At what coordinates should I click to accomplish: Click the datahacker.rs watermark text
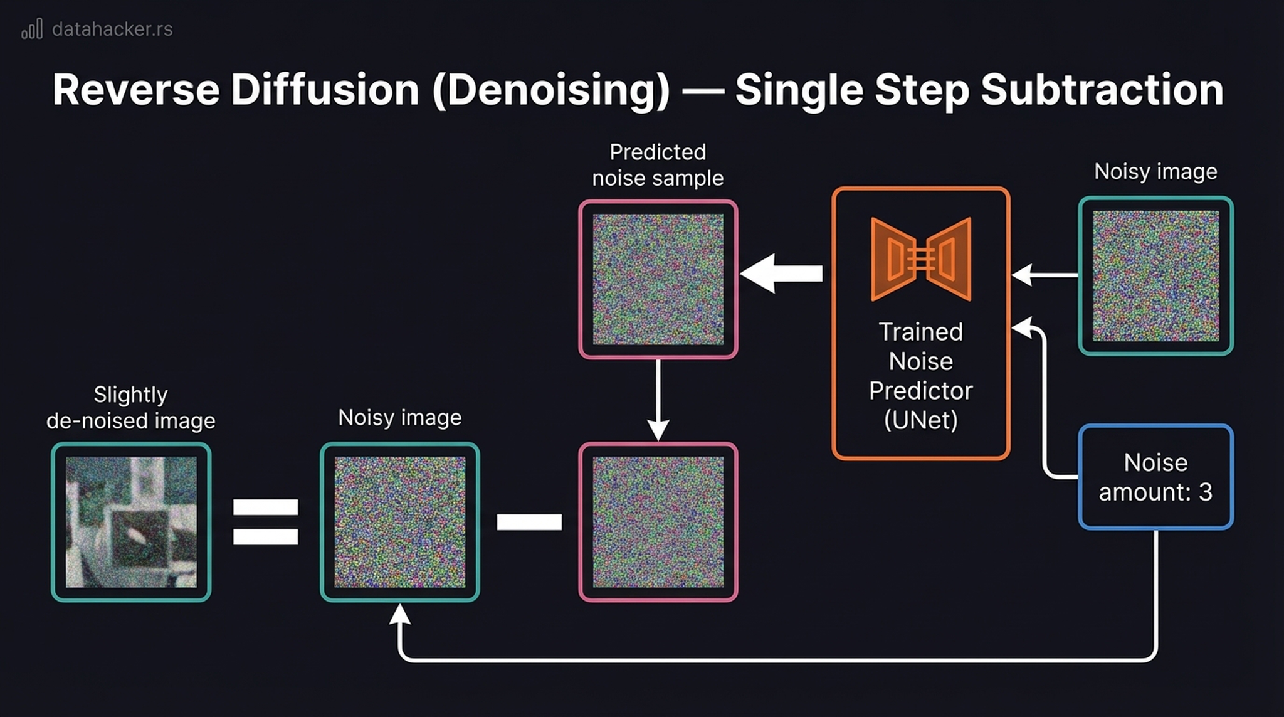(112, 29)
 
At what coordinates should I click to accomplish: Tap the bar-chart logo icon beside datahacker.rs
(32, 29)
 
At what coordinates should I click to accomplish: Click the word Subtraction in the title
(1102, 90)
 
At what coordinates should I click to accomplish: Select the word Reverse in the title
(136, 90)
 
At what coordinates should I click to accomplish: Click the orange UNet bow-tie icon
(921, 259)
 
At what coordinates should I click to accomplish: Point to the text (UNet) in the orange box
(921, 420)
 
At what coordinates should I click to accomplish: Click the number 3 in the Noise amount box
(1205, 492)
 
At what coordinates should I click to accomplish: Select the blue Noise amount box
(1155, 477)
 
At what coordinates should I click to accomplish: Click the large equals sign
(265, 522)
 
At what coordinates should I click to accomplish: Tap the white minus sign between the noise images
(529, 522)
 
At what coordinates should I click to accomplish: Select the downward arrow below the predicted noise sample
(658, 401)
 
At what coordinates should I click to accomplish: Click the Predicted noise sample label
(658, 165)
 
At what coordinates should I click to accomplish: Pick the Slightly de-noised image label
(130, 408)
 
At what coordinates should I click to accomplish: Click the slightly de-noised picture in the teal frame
(131, 522)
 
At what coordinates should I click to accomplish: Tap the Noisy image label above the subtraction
(399, 418)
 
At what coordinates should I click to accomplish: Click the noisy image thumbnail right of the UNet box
(1155, 276)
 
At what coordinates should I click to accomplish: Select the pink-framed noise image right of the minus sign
(658, 522)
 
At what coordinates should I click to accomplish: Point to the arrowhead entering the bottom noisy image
(400, 615)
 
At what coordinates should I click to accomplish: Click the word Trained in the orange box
(920, 332)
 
